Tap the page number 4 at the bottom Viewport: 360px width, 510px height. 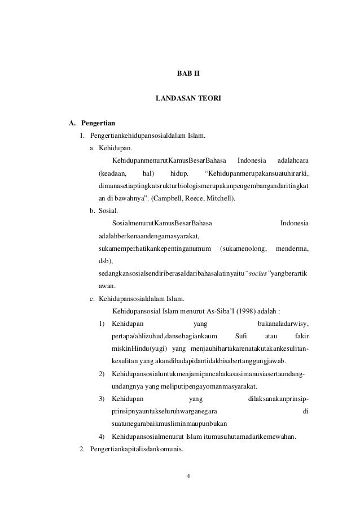coord(188,474)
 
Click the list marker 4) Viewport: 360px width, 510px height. coord(102,437)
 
